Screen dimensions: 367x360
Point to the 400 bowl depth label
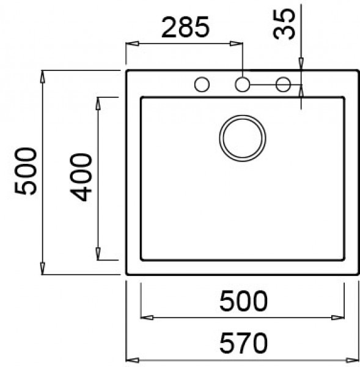pyautogui.click(x=81, y=177)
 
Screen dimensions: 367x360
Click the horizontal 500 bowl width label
pyautogui.click(x=243, y=301)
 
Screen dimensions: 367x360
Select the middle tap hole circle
pyautogui.click(x=243, y=84)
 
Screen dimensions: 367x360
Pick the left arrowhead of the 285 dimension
pyautogui.click(x=130, y=43)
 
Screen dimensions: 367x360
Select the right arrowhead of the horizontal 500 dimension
pyautogui.click(x=338, y=317)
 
